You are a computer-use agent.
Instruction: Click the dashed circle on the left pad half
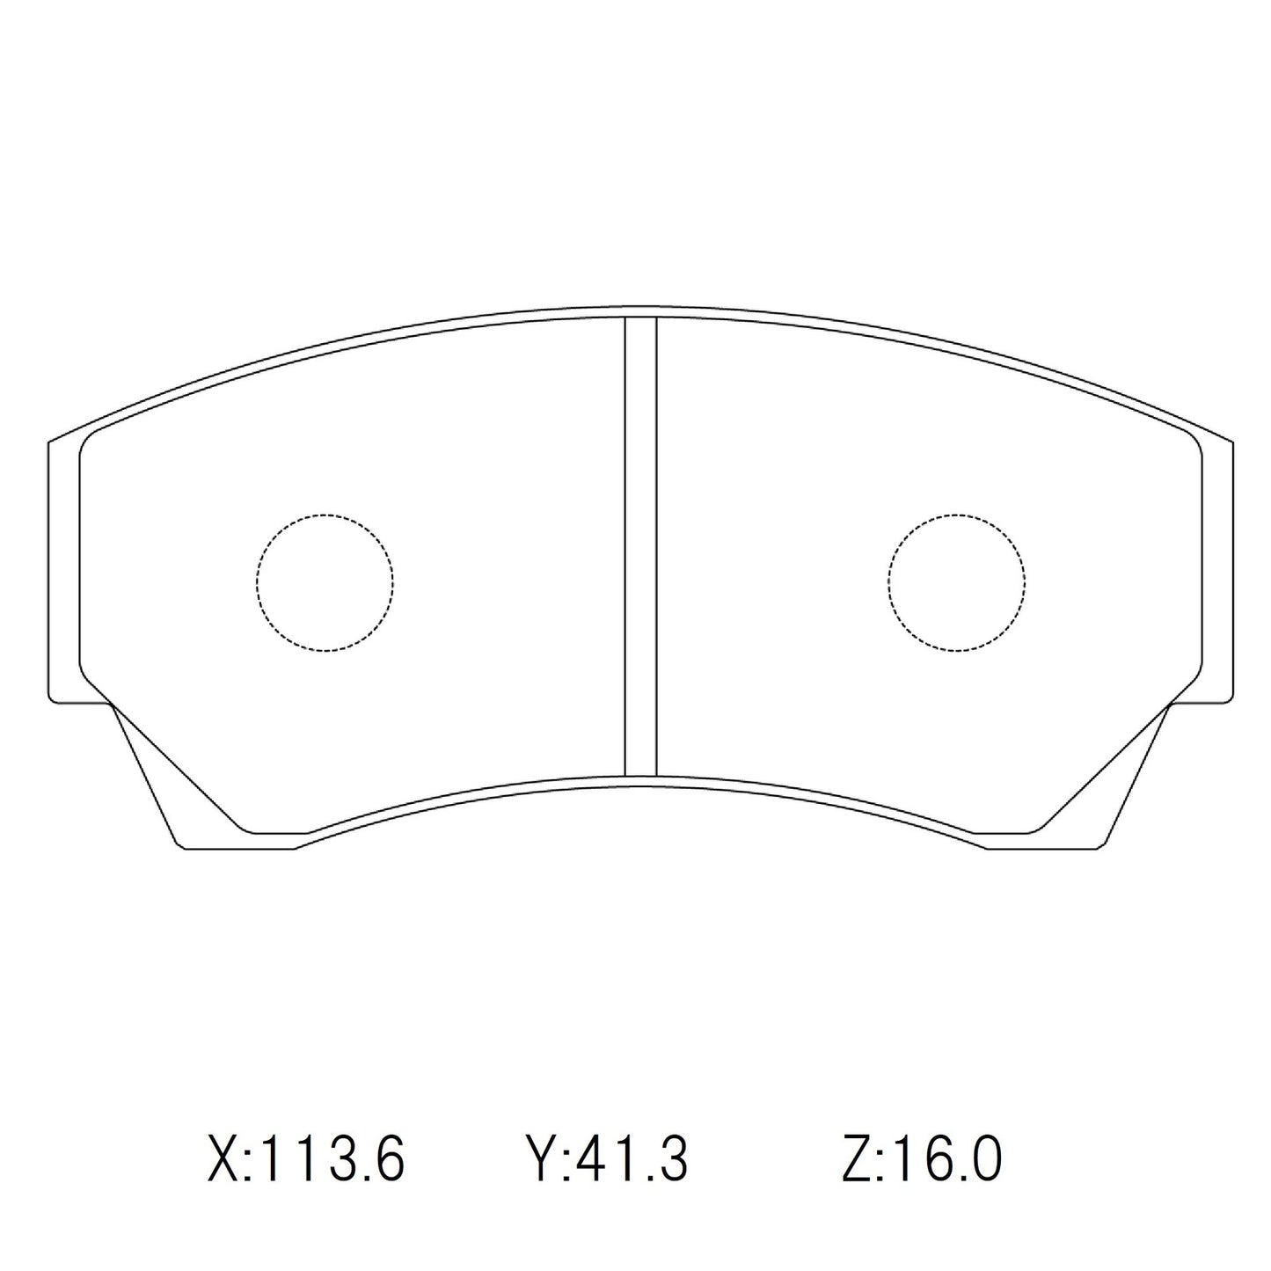pos(325,582)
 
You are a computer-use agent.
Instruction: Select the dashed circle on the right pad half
pos(956,582)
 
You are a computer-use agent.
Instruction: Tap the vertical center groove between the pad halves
pos(640,545)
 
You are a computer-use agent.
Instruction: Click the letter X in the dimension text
pos(224,1158)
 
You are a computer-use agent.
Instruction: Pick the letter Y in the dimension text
pos(539,1158)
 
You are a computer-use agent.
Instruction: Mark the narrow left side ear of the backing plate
pos(63,572)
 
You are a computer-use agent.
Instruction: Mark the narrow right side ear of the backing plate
pos(1217,572)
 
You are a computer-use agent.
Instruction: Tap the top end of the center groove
pos(640,318)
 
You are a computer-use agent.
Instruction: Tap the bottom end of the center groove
pos(640,775)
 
